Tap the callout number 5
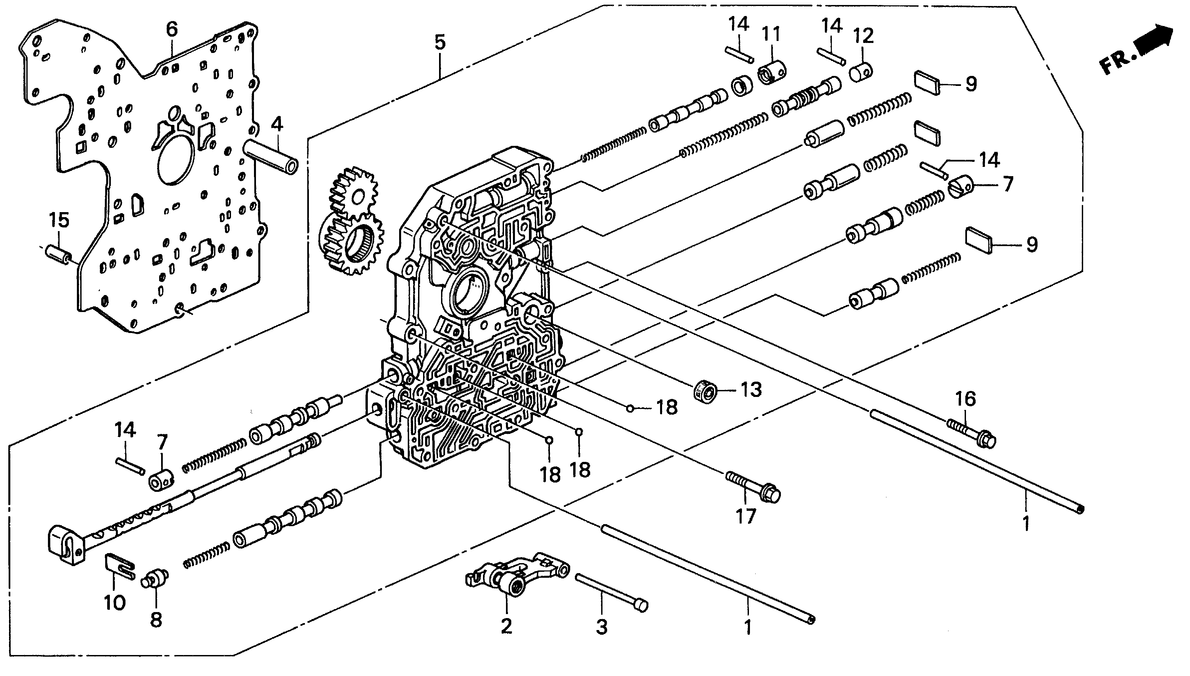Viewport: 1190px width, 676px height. [440, 42]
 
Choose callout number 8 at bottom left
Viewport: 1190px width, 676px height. [156, 619]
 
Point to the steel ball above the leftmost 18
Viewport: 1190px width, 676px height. [549, 440]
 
